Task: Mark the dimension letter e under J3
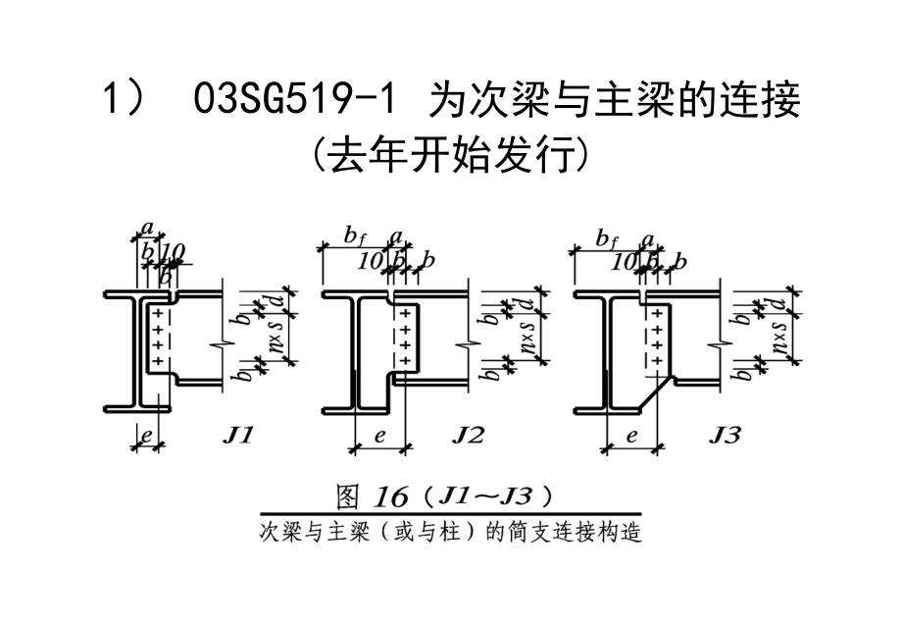[x=632, y=436]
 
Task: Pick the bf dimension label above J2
[x=354, y=234]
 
